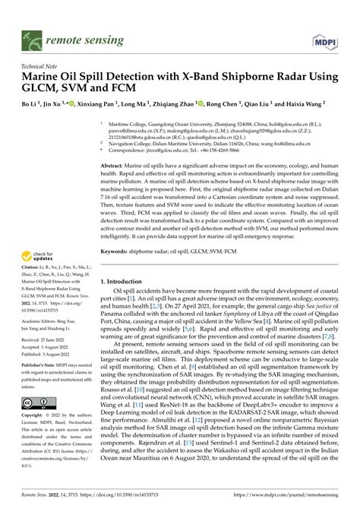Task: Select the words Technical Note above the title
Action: (43, 66)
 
